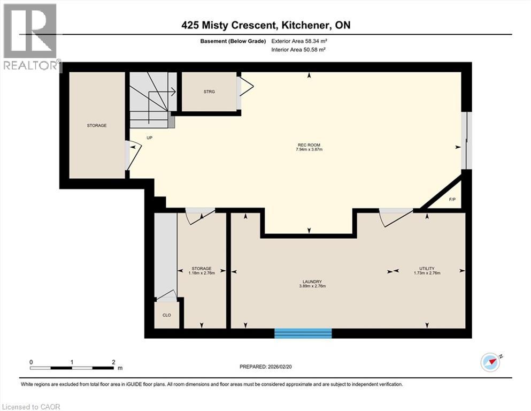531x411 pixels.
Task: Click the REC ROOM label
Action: pos(309,145)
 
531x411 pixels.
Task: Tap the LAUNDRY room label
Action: pos(312,281)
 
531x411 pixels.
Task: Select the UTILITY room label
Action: pos(427,268)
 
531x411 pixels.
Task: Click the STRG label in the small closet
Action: pos(209,92)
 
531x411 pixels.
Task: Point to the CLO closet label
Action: pos(167,315)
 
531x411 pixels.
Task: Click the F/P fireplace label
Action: pos(452,200)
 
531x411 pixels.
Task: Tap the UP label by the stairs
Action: pos(149,138)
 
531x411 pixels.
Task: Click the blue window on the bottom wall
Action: pos(303,333)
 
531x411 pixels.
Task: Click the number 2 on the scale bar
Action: pos(113,362)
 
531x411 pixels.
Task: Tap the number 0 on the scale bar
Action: pos(31,362)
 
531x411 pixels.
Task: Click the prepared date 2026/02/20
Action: pos(279,367)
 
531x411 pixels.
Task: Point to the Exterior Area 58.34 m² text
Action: pos(299,41)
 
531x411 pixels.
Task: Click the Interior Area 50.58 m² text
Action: pos(298,49)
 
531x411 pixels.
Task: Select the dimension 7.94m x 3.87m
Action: pos(309,149)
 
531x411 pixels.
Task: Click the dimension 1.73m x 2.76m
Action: pos(427,273)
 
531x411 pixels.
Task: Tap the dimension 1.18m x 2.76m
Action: pos(202,273)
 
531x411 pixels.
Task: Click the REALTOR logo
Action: pos(30,36)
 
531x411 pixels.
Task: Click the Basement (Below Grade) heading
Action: pos(233,41)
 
